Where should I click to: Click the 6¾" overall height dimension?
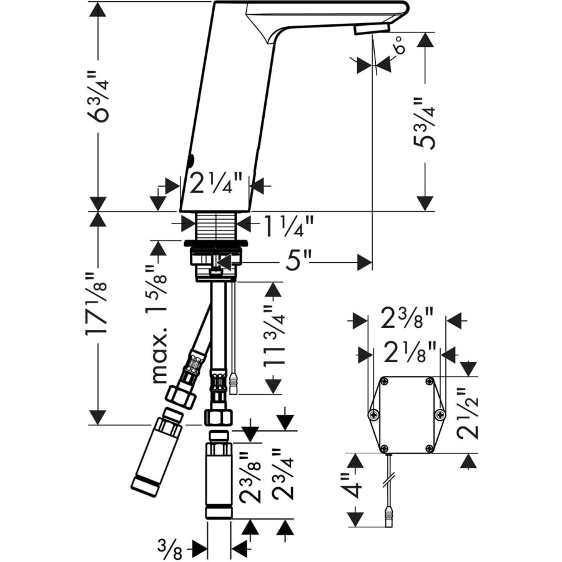(x=97, y=97)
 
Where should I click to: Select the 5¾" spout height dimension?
(x=425, y=122)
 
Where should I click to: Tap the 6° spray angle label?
(x=400, y=45)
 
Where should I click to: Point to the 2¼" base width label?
(x=216, y=184)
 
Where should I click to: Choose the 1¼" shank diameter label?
(x=288, y=227)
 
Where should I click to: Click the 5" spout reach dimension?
(x=298, y=261)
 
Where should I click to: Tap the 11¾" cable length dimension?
(x=274, y=335)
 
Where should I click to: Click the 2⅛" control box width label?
(x=410, y=352)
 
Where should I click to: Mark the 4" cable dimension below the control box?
(x=351, y=485)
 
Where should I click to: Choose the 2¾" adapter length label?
(x=283, y=475)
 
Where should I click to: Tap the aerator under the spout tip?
(x=372, y=29)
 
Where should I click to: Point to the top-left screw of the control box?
(x=384, y=382)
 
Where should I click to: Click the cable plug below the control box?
(x=389, y=517)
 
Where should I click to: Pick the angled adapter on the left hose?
(x=157, y=454)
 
